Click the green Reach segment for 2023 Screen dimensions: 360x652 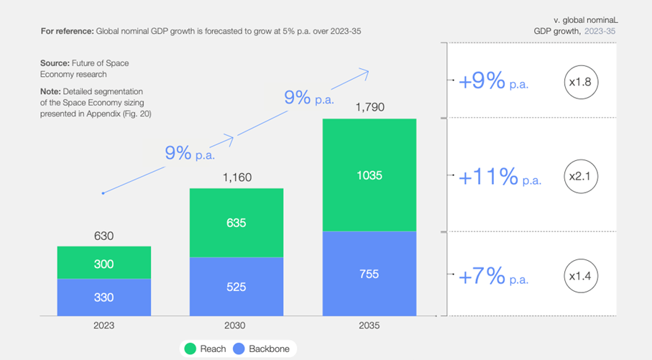(x=104, y=263)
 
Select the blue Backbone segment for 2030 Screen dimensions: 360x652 (x=236, y=287)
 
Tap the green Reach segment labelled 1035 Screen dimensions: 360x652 (x=369, y=175)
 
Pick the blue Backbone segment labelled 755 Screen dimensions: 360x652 (x=369, y=274)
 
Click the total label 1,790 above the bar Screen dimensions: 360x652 (x=370, y=108)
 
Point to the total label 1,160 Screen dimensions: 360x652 (x=237, y=177)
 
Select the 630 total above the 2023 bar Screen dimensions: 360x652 (x=104, y=236)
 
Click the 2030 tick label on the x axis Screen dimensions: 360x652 (x=236, y=326)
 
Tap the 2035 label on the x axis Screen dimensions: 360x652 (x=369, y=326)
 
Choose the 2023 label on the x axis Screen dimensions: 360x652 (x=104, y=326)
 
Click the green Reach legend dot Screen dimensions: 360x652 (x=190, y=349)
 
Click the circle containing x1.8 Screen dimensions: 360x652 (x=580, y=82)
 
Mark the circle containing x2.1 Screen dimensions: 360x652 (x=580, y=176)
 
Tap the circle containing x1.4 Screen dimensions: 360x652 (x=580, y=276)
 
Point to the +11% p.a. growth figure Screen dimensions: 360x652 (x=500, y=177)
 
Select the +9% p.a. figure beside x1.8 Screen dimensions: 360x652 (x=493, y=82)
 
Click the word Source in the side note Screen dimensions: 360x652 (x=55, y=63)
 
